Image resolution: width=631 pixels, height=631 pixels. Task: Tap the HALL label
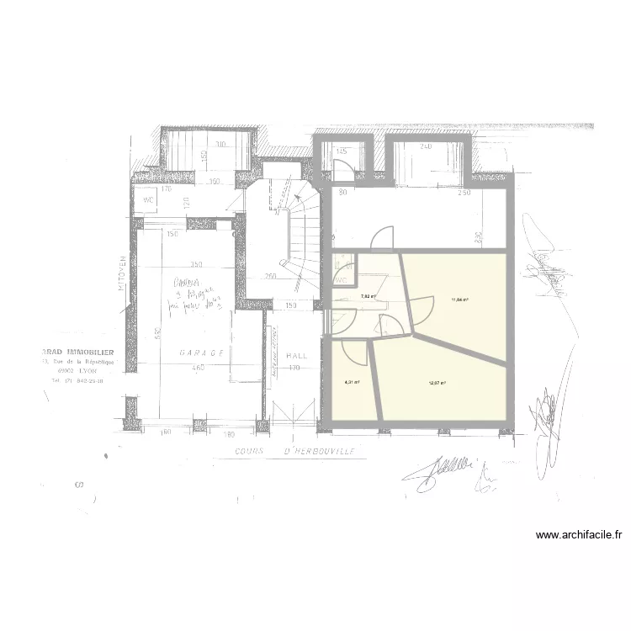point(295,356)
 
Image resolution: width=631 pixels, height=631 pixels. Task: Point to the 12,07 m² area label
point(437,383)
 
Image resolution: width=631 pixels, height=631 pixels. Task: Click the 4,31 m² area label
point(351,382)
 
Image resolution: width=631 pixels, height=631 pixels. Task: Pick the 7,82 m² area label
point(368,296)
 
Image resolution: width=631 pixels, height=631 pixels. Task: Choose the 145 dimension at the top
point(342,151)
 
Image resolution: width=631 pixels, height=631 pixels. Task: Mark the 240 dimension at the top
point(426,146)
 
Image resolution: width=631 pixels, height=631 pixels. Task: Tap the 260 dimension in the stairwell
point(272,275)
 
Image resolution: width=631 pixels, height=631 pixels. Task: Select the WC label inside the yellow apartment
point(342,278)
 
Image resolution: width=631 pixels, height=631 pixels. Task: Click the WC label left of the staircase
point(148,199)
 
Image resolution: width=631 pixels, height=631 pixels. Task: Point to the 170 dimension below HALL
point(295,368)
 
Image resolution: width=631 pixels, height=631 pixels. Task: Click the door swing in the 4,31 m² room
point(358,353)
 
